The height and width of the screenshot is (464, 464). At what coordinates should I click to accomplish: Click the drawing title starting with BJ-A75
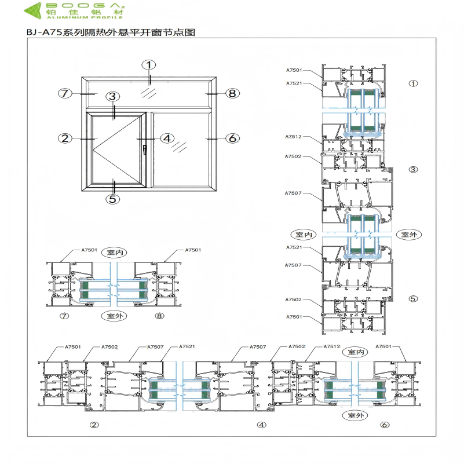(x=111, y=33)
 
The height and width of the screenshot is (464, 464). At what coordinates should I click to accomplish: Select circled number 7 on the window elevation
(x=65, y=93)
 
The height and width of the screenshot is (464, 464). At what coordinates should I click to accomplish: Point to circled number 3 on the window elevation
(x=113, y=97)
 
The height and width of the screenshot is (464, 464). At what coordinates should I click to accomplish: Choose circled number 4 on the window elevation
(x=167, y=138)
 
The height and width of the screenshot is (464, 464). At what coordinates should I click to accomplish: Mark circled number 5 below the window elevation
(x=113, y=199)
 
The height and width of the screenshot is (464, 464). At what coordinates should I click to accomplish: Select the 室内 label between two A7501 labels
(x=113, y=252)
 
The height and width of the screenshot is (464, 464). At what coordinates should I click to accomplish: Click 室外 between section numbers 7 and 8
(x=113, y=316)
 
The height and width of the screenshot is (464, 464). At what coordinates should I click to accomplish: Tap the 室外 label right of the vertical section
(x=409, y=235)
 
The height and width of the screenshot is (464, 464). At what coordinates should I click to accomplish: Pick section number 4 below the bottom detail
(x=261, y=425)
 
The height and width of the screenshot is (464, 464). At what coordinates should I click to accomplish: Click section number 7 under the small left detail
(x=64, y=316)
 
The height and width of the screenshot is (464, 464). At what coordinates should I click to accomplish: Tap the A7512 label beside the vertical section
(x=293, y=137)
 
